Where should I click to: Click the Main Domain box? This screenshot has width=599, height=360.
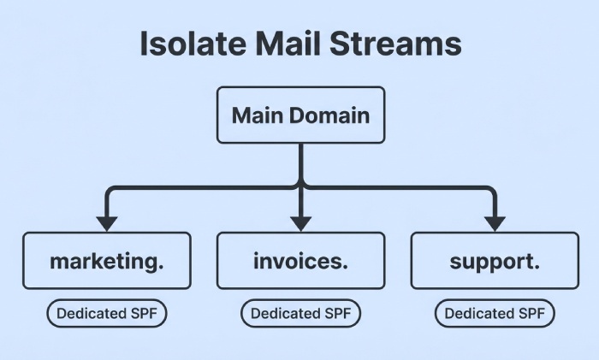(300, 115)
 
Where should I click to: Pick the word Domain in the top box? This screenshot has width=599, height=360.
(329, 115)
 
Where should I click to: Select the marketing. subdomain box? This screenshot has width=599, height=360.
(107, 261)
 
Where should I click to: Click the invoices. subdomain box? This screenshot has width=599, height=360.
(300, 261)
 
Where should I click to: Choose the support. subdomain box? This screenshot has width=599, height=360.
(495, 261)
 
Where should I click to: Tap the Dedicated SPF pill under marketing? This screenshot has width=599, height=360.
(107, 314)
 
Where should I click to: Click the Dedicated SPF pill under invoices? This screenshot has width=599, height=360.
(300, 314)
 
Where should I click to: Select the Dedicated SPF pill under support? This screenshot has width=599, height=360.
(495, 314)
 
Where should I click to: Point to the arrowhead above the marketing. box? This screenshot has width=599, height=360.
(107, 223)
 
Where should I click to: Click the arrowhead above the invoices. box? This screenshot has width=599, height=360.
(300, 223)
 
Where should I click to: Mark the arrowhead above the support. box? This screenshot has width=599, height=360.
(495, 223)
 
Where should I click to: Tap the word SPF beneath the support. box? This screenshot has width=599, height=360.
(527, 314)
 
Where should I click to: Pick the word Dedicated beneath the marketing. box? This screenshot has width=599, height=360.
(91, 314)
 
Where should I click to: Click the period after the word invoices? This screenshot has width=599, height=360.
(345, 267)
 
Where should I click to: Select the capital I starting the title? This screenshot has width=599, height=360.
(144, 44)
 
